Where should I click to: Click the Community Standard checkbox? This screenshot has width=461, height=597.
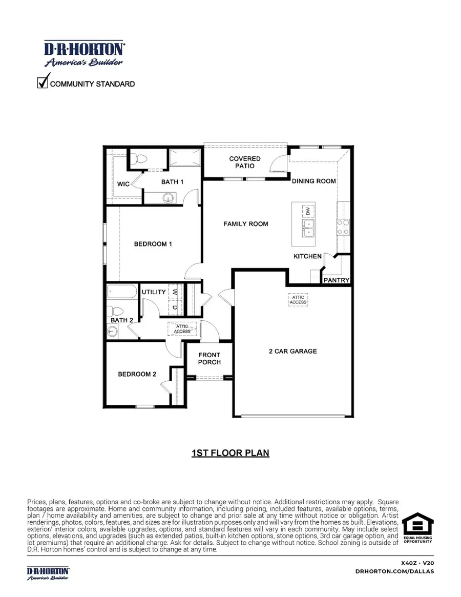click(x=43, y=81)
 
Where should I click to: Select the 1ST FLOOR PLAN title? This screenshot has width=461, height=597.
click(x=230, y=453)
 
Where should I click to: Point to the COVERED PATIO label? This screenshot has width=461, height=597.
click(x=245, y=162)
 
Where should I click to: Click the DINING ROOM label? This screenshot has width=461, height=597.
click(x=314, y=181)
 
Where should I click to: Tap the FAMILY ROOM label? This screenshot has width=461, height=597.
click(x=245, y=224)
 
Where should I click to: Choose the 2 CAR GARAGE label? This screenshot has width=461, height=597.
click(x=293, y=351)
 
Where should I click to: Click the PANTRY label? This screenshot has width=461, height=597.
click(x=337, y=280)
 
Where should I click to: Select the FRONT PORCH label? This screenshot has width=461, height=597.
click(x=209, y=358)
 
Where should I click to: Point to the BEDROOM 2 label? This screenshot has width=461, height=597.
click(x=137, y=374)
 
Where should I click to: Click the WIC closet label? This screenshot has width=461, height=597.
click(x=123, y=184)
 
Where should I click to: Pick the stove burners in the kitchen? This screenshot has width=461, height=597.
click(x=343, y=227)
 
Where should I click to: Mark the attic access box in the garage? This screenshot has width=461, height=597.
click(x=298, y=300)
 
